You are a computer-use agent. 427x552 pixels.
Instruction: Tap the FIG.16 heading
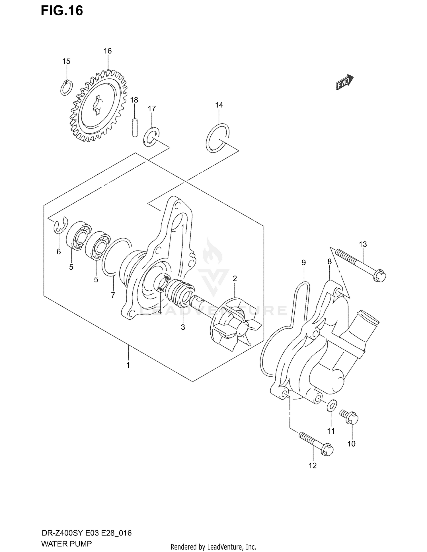coord(62,11)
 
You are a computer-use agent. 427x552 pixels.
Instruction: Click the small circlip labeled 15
coord(67,88)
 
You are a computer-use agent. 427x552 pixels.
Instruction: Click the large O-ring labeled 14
coord(218,138)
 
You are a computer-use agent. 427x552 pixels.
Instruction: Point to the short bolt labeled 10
coord(349,417)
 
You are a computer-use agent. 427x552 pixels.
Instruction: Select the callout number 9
coord(303,262)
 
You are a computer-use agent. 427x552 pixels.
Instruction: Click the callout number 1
coord(128,365)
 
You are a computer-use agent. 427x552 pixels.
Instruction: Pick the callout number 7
coord(113,295)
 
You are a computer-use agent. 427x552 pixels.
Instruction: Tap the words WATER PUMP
coord(66,544)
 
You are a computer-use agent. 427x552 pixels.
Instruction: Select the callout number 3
coord(183,327)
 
